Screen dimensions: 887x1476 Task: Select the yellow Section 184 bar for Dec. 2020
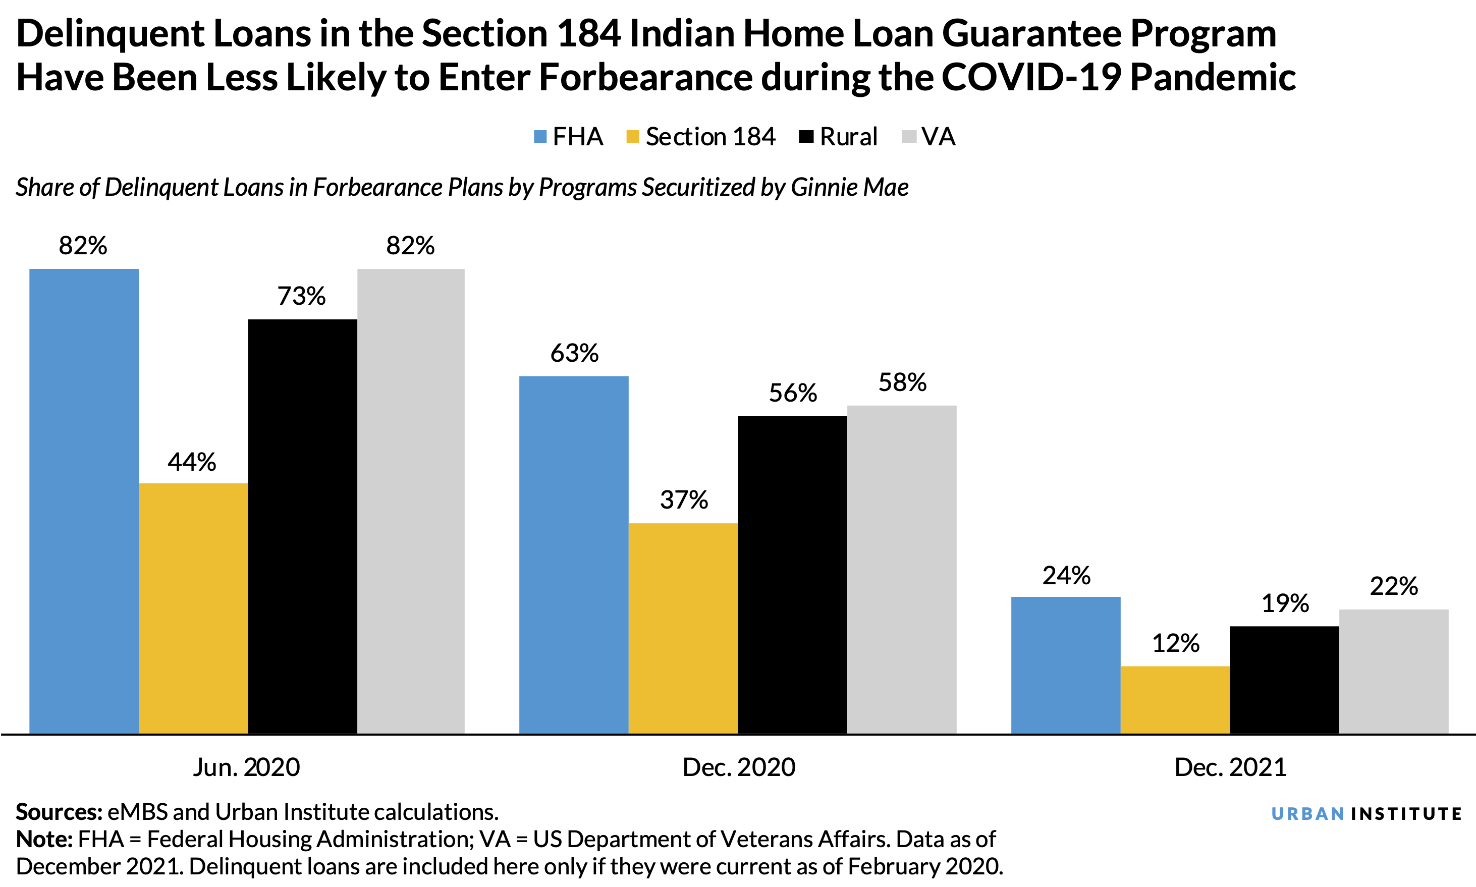click(683, 628)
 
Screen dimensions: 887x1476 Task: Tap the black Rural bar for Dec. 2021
click(1284, 680)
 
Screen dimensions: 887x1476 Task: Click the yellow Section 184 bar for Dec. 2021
click(1175, 699)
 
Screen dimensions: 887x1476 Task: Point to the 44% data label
click(191, 462)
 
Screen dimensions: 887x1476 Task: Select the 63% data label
click(574, 353)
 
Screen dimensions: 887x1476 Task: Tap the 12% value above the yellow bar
click(1175, 644)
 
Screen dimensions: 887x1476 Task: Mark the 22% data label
click(1394, 586)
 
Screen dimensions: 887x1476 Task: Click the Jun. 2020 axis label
click(246, 767)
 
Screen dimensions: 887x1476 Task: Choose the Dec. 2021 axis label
click(1230, 767)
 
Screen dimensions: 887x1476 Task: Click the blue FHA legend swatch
click(540, 137)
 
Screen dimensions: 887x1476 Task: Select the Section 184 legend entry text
click(710, 137)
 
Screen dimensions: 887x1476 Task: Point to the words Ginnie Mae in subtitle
click(849, 188)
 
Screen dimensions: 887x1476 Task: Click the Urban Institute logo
click(1366, 813)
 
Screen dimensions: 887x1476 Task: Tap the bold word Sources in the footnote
click(59, 812)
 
